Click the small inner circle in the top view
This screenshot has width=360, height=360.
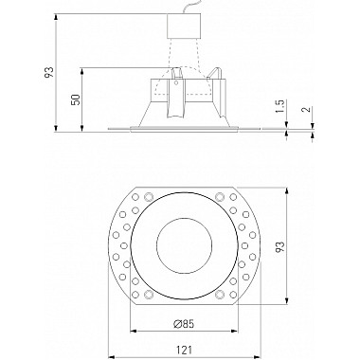click(180, 246)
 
